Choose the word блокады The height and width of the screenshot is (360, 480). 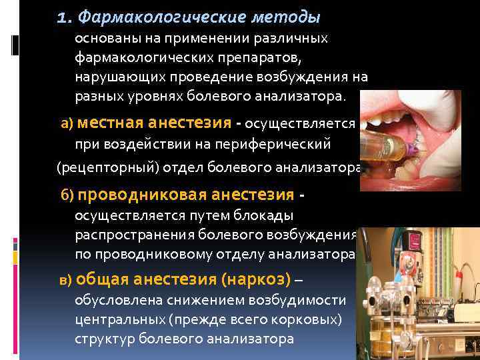[x=271, y=216]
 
